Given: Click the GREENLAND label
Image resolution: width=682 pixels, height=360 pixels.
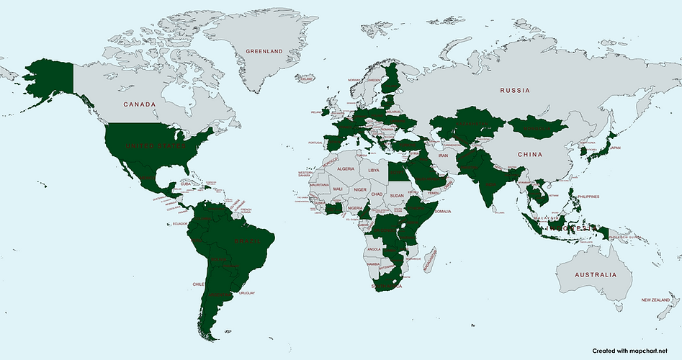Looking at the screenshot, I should (264, 52).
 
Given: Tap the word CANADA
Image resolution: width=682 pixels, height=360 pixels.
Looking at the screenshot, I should (139, 104).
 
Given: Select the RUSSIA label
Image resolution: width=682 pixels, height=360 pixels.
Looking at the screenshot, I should (515, 91).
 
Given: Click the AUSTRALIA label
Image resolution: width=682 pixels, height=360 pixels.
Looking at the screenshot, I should (596, 275).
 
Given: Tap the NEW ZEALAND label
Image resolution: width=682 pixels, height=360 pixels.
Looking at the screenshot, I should (656, 300).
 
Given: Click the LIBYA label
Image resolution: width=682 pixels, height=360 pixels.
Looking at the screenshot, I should (373, 170).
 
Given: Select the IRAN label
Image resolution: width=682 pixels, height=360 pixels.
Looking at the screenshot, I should (443, 156).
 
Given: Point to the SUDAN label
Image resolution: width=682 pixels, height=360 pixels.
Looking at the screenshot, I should (397, 194).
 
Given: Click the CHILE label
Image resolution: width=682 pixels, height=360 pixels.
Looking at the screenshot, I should (199, 284).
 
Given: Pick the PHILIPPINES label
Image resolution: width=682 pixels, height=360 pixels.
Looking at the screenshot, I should (588, 196).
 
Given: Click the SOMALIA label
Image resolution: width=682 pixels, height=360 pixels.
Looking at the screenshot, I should (442, 211).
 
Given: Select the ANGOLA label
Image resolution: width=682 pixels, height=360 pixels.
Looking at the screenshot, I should (374, 249).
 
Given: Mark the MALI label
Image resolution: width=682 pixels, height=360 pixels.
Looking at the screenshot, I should (336, 189).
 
